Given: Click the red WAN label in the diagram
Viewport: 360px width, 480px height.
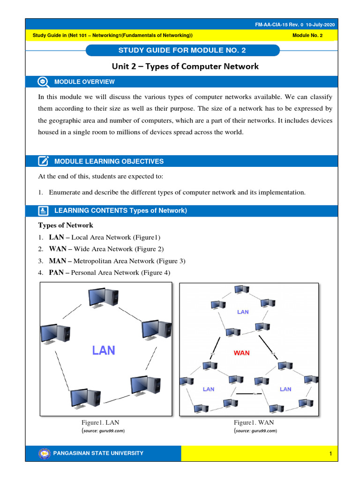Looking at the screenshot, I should tap(242, 352).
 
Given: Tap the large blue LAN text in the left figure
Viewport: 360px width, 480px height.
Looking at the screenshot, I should tap(104, 350).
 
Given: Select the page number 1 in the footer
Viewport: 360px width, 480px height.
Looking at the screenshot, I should tap(330, 454).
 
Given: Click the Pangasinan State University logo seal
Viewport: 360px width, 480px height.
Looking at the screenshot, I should tap(45, 453).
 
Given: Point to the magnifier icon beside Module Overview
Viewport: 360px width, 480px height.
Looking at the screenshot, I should tap(43, 82).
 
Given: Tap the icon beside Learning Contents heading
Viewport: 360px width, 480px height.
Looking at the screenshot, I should tap(43, 210).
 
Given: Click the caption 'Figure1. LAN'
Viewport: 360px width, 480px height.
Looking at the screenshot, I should tap(104, 422).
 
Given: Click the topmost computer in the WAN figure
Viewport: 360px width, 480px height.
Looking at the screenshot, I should tap(241, 289).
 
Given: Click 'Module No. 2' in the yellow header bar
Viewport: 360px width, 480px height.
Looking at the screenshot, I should tap(307, 36).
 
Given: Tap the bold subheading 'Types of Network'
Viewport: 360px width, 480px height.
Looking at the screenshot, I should tap(66, 225).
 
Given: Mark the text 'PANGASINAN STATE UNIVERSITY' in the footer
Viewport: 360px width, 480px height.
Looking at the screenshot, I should tap(99, 453).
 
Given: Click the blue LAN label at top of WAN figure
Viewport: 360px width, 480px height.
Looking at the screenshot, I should tap(243, 312).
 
